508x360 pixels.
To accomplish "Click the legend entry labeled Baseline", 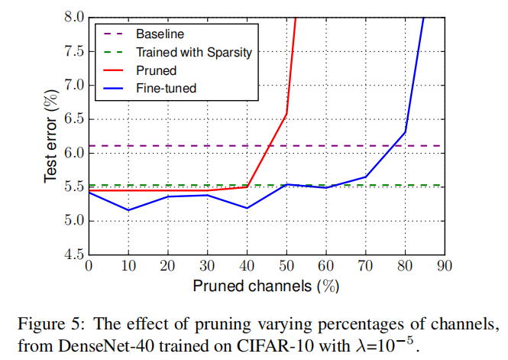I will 160,34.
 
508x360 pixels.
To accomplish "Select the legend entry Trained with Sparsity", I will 193,53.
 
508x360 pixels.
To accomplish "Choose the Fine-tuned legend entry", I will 166,89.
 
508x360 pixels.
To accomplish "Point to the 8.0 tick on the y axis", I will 73,17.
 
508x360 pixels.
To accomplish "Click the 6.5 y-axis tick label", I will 73,118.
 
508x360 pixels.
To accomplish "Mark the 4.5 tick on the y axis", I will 73,255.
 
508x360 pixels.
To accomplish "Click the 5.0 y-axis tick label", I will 73,221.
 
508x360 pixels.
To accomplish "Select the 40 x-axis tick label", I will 246,266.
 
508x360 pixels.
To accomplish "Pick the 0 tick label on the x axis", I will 89,266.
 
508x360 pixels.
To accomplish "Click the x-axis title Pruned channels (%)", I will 266,286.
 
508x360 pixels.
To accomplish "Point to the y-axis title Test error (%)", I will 50,135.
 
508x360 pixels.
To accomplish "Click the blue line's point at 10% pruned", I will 128,210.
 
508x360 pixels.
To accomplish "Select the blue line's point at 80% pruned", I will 404,132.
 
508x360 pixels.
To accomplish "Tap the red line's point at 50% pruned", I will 286,114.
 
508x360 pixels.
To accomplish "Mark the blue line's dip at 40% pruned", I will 246,208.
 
